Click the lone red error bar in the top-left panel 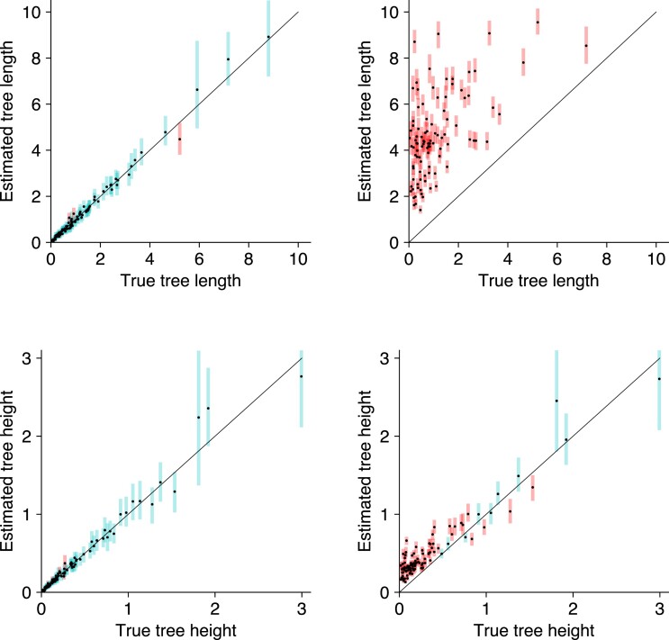click(x=179, y=140)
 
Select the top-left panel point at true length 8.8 click(x=267, y=37)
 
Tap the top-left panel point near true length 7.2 click(x=228, y=59)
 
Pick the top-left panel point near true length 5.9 click(x=197, y=89)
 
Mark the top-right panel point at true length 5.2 click(x=538, y=22)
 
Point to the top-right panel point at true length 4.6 click(x=523, y=62)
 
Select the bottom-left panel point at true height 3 click(x=301, y=376)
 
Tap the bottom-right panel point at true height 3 click(x=659, y=379)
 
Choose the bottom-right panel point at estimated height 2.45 click(x=556, y=401)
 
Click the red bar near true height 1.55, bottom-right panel click(x=532, y=487)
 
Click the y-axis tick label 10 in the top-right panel click(x=390, y=13)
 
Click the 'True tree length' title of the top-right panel click(x=533, y=281)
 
